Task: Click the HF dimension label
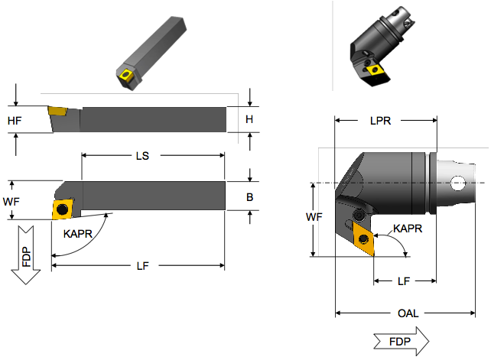coord(15,121)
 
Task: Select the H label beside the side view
coord(249,119)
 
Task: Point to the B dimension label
coord(249,196)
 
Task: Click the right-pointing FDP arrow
coord(401,340)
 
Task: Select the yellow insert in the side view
coord(58,112)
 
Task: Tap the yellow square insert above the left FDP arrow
coord(63,209)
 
